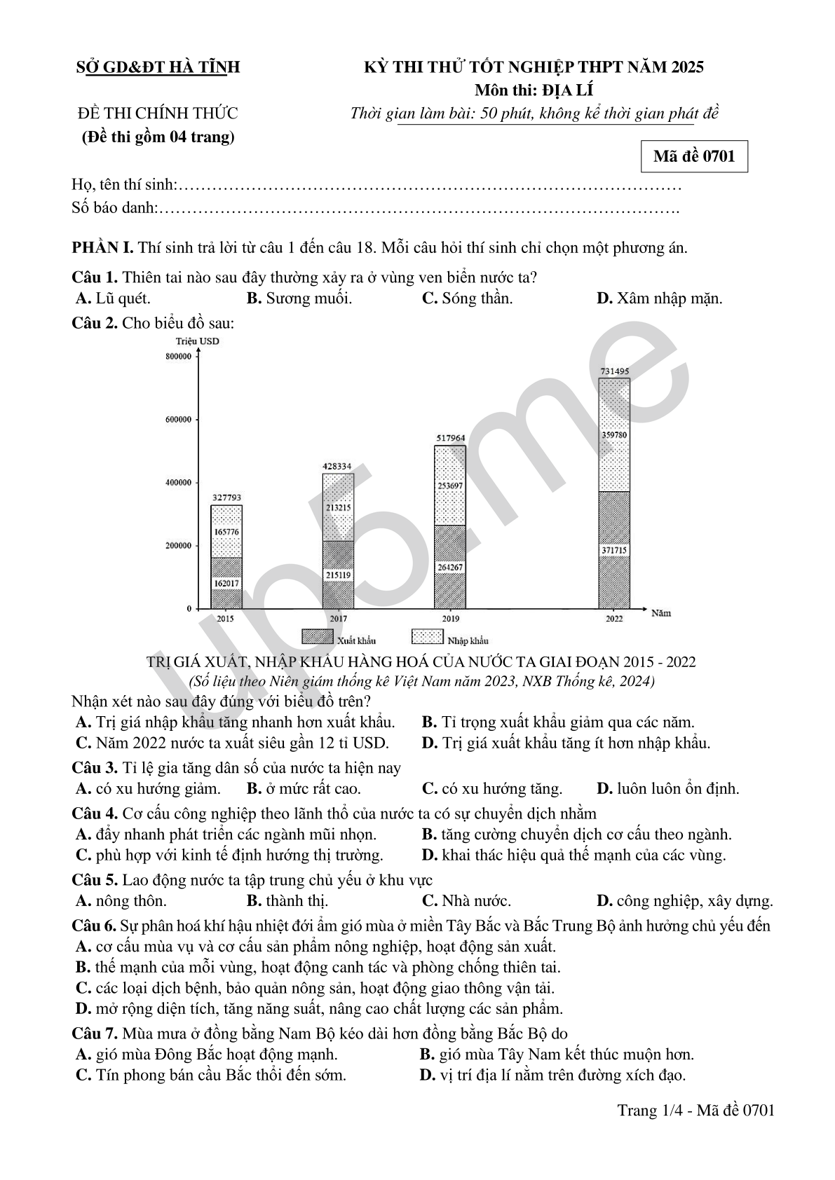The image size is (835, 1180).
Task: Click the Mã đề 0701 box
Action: (x=694, y=156)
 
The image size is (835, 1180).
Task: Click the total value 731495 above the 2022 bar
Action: (x=614, y=371)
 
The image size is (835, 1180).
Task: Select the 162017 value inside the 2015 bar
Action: (x=226, y=583)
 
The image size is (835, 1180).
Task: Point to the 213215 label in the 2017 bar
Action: (x=338, y=507)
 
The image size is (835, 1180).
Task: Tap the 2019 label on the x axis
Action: (x=450, y=619)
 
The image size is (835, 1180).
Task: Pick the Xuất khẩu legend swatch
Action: (x=317, y=637)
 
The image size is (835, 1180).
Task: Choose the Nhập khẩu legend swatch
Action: (x=427, y=637)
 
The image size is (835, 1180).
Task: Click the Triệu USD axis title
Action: (x=198, y=341)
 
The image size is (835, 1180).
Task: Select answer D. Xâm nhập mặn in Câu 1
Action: (x=659, y=299)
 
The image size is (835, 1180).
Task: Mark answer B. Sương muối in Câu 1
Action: (x=299, y=299)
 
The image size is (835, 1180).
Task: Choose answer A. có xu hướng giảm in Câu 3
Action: (x=148, y=789)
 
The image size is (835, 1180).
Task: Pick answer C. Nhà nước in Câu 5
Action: (x=466, y=901)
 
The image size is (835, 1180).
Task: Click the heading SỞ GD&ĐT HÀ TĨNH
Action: (x=158, y=67)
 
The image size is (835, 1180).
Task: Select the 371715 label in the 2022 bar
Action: (x=614, y=551)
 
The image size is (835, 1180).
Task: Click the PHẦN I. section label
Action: (x=102, y=248)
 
